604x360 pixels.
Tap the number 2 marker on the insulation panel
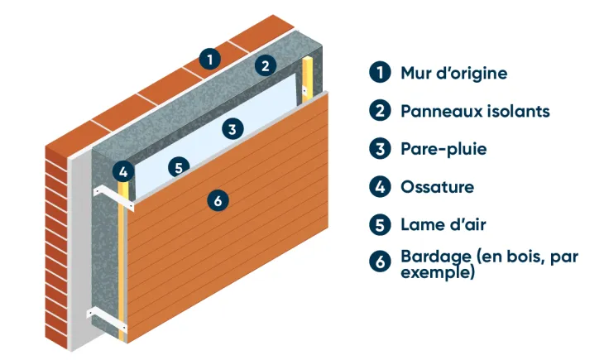(265, 65)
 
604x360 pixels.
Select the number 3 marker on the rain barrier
(233, 128)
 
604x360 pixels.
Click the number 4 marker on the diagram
(123, 172)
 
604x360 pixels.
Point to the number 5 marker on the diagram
(178, 167)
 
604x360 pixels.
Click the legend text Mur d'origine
(453, 73)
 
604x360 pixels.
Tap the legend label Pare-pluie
(443, 149)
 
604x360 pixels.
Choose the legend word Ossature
(437, 187)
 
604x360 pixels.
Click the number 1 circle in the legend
(379, 72)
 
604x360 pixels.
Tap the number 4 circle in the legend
(379, 186)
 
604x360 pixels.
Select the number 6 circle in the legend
(379, 262)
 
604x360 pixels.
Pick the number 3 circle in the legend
(379, 148)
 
